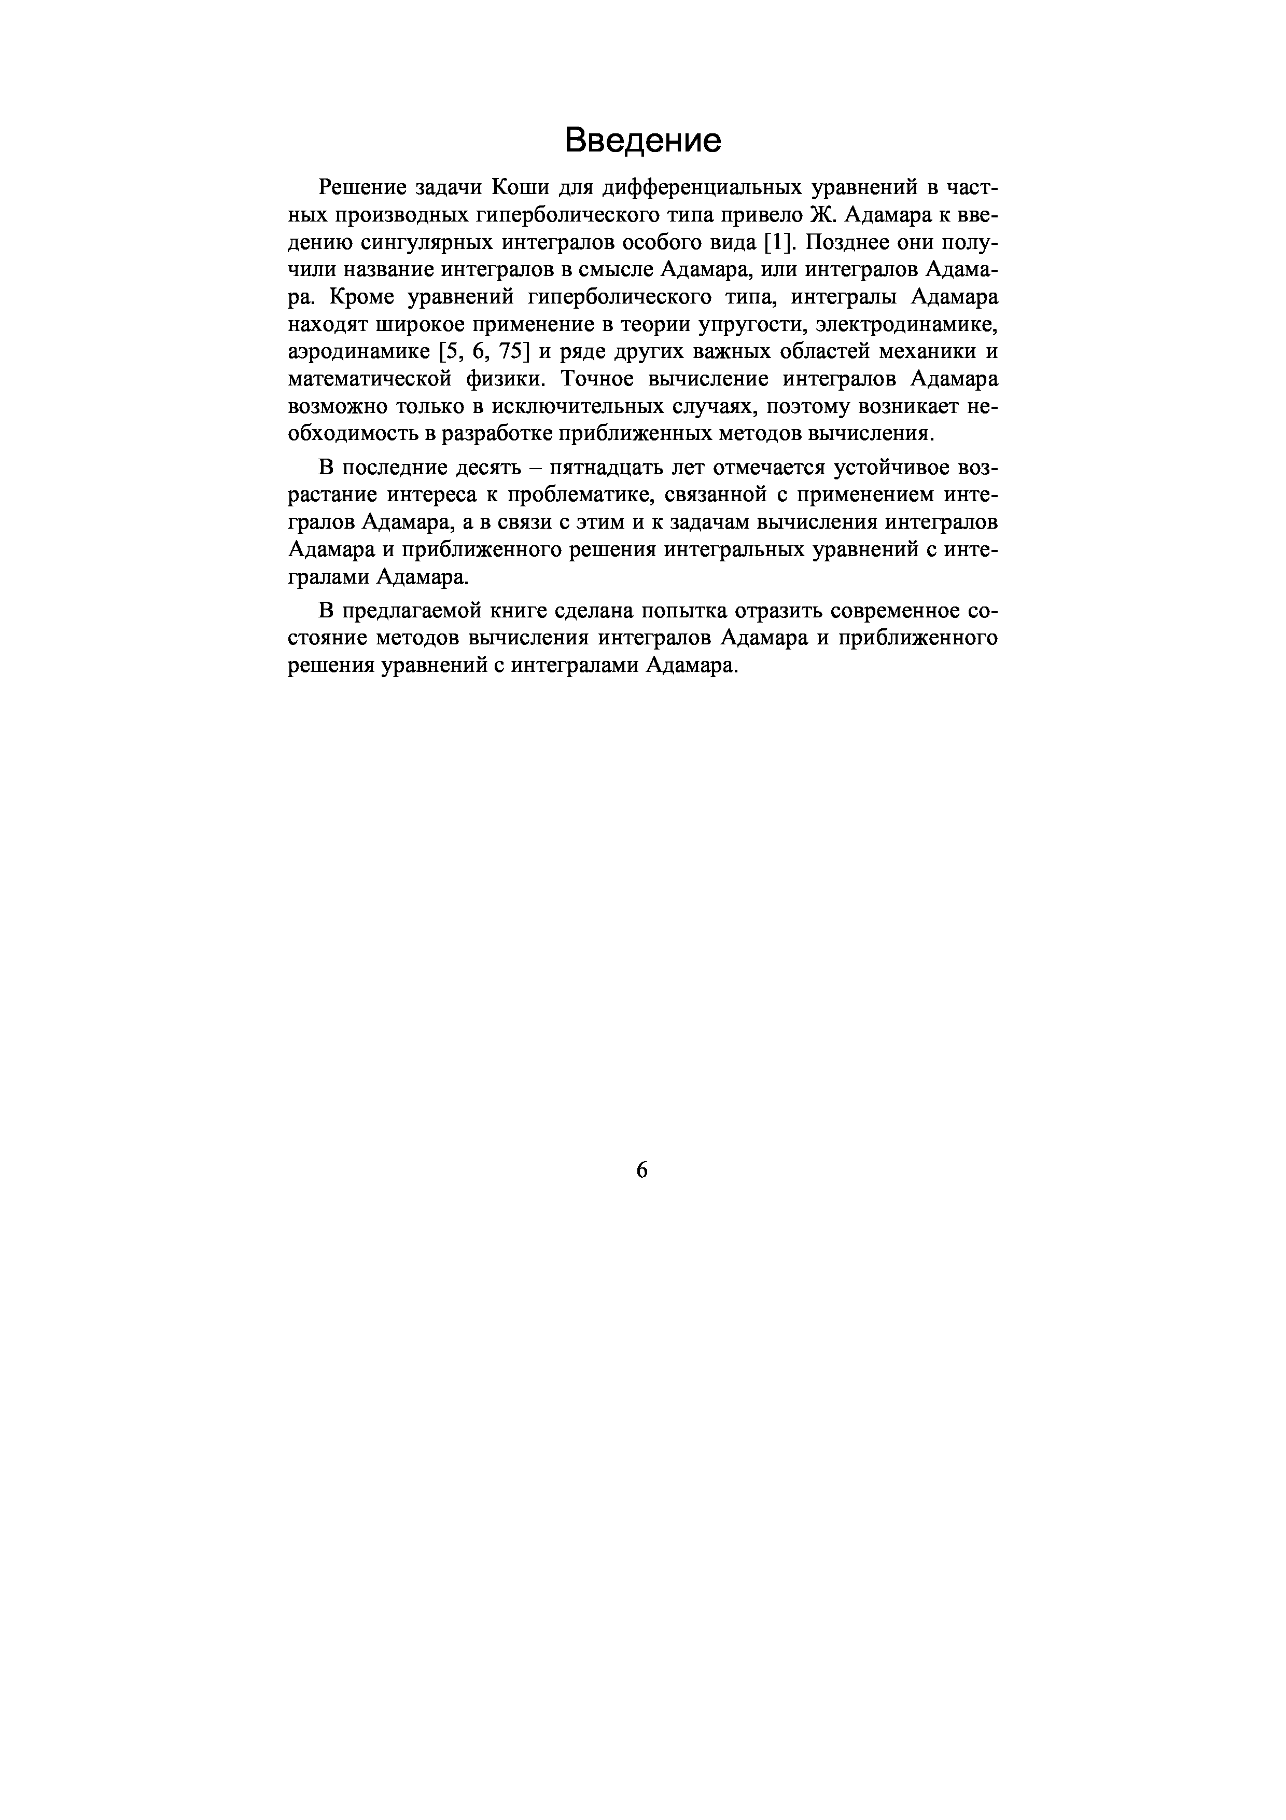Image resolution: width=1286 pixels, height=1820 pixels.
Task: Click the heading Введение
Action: tap(642, 140)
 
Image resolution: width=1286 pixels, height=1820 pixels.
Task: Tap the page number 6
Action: tap(642, 1169)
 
